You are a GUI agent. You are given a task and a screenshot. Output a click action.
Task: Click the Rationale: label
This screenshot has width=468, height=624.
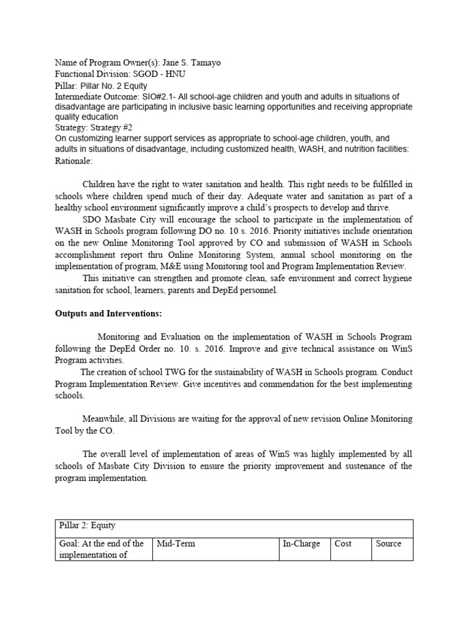[x=74, y=161]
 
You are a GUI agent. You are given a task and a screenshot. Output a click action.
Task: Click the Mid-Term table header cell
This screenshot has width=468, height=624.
[x=176, y=544]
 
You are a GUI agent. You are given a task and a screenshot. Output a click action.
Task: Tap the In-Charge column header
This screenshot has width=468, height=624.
[x=302, y=544]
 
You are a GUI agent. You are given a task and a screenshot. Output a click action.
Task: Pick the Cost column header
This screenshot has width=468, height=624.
[x=343, y=544]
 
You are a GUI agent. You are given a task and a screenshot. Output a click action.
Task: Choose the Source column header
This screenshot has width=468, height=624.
[x=388, y=544]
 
